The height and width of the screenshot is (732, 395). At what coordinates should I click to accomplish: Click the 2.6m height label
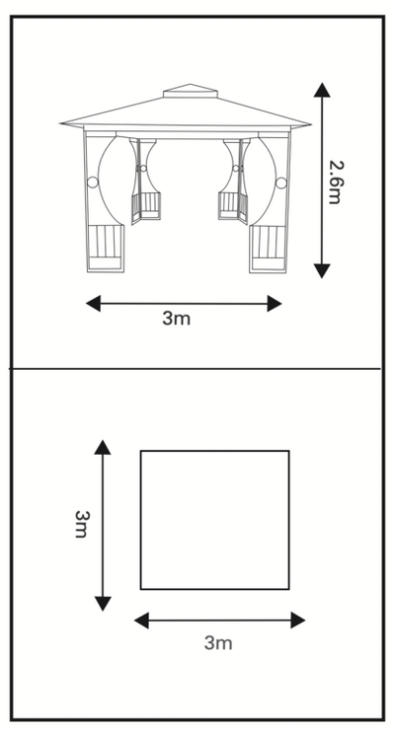pos(337,183)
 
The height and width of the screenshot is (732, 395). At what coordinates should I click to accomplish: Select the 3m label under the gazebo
pos(176,319)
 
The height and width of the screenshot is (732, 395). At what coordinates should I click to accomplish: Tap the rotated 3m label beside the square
pos(81,524)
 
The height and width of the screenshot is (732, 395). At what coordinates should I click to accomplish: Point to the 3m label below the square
pos(218,643)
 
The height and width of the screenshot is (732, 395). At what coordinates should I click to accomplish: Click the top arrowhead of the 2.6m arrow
pos(322,90)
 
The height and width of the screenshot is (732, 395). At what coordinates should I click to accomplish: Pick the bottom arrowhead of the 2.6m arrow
pos(322,270)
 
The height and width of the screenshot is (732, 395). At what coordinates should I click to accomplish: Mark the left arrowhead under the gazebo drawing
pos(93,304)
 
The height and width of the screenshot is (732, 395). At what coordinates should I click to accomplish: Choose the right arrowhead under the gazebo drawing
pos(275,304)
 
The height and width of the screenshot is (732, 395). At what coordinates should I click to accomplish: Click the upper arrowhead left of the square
pos(103,447)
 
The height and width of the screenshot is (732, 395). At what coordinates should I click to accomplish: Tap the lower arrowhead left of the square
pos(103,604)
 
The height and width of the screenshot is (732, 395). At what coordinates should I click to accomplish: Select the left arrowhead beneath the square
pos(141,621)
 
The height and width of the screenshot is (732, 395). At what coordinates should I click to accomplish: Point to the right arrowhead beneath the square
pos(298,621)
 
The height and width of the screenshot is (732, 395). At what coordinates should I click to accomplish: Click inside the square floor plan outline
pos(214,520)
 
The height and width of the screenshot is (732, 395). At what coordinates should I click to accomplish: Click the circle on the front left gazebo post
pos(93,183)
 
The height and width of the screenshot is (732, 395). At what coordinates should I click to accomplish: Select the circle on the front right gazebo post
pos(280,183)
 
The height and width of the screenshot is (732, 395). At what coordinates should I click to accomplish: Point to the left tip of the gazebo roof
pos(60,123)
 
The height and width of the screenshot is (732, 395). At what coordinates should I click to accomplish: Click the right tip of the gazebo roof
pos(310,124)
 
